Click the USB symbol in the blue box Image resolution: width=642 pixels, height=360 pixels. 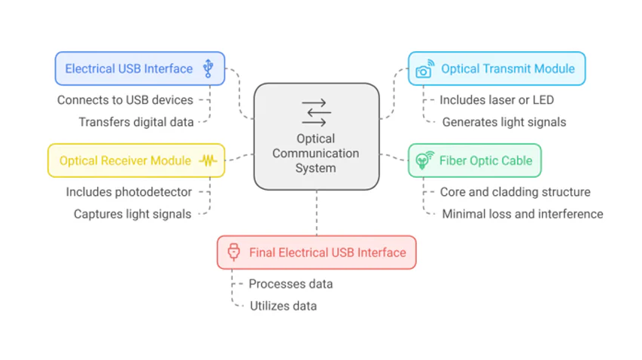point(208,69)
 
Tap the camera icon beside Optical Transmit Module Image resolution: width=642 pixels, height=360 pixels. point(424,69)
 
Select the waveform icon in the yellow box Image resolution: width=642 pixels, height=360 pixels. point(208,160)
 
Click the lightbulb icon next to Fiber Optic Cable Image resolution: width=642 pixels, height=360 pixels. point(424,160)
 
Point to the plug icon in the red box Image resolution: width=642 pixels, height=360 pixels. point(233,252)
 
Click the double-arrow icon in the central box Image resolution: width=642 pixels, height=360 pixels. point(315,111)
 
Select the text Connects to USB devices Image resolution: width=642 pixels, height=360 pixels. point(125,99)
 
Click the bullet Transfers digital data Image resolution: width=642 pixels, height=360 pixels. point(135,122)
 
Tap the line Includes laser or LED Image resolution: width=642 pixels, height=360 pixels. point(497,99)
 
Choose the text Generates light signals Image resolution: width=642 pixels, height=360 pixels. point(504,122)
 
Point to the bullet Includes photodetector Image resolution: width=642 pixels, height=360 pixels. point(129,192)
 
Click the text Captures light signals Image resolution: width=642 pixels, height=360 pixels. point(132,214)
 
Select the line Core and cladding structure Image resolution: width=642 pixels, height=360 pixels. point(515,192)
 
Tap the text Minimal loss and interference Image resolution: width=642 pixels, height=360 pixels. point(522,214)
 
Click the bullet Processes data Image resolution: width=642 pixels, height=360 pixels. point(291,284)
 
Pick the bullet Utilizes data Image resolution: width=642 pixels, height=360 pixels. point(283,306)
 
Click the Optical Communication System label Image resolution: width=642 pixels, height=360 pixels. point(315,153)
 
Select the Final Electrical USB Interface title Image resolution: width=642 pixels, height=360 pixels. point(327,252)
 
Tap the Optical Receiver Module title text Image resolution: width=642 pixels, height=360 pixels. point(125,160)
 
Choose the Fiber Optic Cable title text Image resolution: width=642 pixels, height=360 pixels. point(485,160)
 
